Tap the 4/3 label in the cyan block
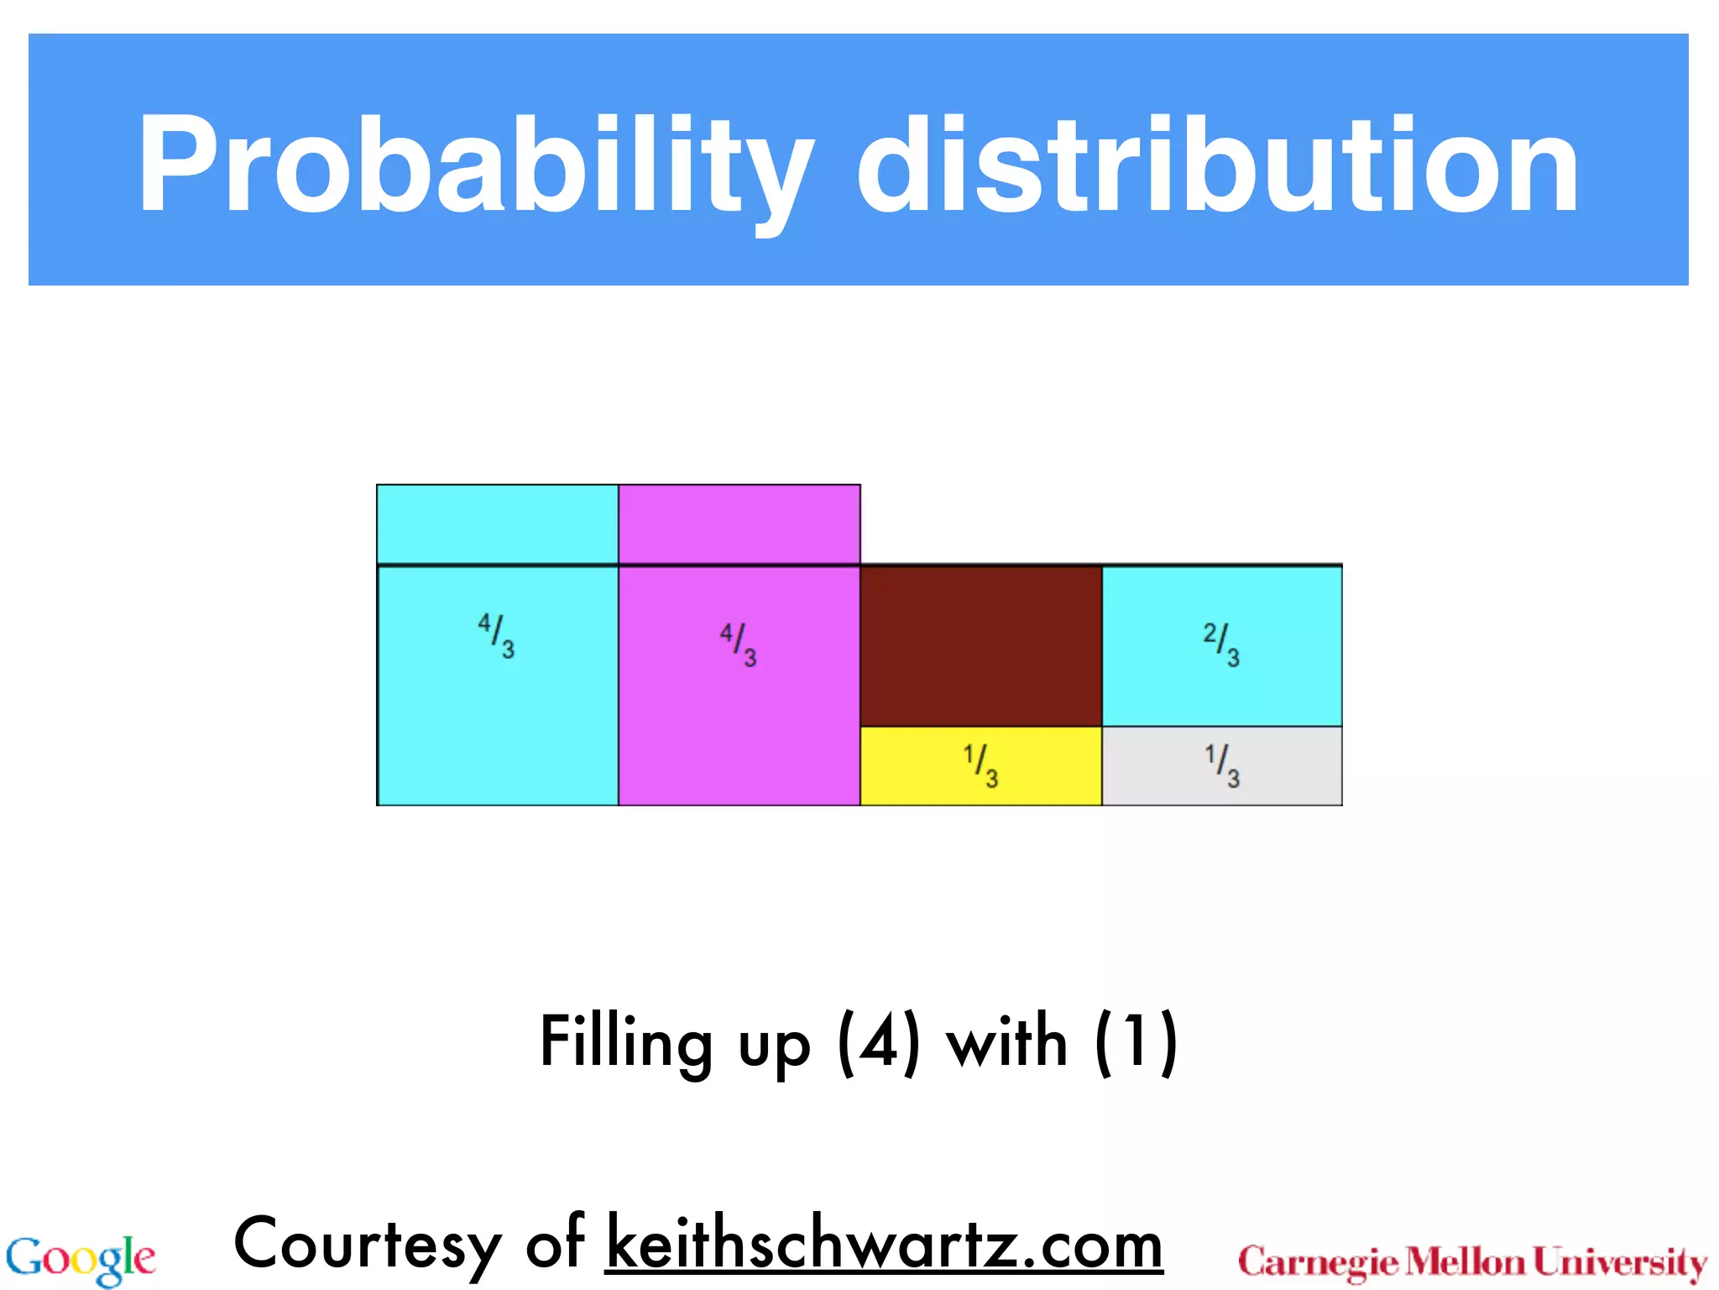point(496,636)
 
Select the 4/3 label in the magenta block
point(739,644)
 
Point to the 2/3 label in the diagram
point(1221,644)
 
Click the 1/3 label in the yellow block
point(980,766)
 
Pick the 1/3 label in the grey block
point(1222,766)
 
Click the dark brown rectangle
point(980,647)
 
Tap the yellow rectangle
point(915,766)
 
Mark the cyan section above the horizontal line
point(497,524)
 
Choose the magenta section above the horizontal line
point(739,524)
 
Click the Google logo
point(81,1260)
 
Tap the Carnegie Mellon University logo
point(1472,1262)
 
